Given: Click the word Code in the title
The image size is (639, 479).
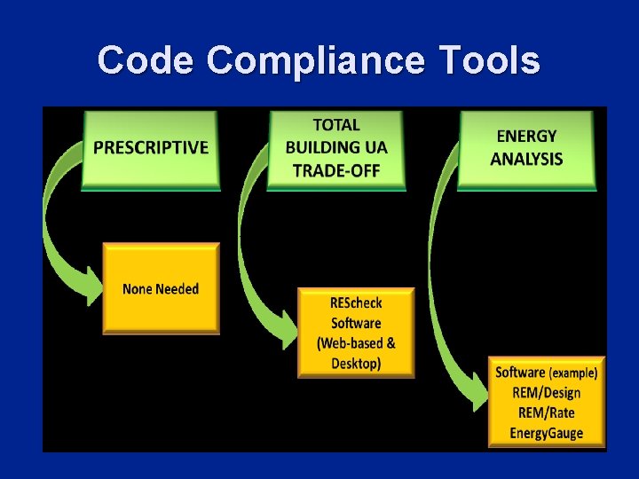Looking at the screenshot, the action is point(146,61).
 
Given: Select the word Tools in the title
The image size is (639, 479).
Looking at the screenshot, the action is point(491,61).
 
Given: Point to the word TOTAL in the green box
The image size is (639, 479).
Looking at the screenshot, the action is point(336,125).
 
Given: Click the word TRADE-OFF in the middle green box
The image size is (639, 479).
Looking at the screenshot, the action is point(336,170).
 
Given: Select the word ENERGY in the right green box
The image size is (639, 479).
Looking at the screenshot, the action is point(526,137).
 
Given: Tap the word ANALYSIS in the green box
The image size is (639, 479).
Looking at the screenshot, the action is point(526,160).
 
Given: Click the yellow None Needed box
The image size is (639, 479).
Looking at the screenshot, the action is point(161,289).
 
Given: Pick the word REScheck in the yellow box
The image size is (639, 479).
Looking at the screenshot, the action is point(356,303).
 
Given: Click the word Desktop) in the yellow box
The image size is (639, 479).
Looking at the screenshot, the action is point(356,363).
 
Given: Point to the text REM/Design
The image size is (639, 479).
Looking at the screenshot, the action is point(546,393).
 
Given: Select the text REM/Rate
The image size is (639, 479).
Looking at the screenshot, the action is point(546,412).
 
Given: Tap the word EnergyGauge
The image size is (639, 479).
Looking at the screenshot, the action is point(546,433).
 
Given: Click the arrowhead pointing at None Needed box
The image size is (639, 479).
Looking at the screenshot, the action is point(91,282).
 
